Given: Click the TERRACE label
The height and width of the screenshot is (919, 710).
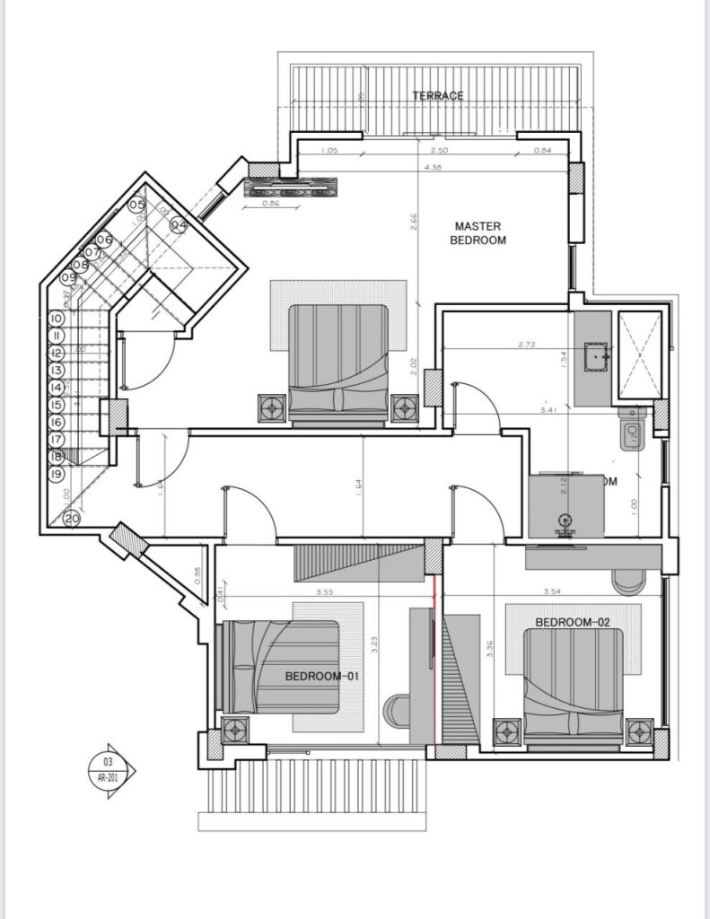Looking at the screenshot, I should pyautogui.click(x=438, y=96).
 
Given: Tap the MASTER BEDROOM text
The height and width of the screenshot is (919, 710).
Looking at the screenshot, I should pyautogui.click(x=478, y=233).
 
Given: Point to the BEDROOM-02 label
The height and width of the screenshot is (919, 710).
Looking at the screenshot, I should pyautogui.click(x=573, y=622).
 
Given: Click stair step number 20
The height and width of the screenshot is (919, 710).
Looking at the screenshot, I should pyautogui.click(x=72, y=518).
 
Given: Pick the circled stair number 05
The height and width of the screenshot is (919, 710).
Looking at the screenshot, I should pyautogui.click(x=136, y=206).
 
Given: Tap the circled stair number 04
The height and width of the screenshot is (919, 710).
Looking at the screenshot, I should pyautogui.click(x=179, y=224).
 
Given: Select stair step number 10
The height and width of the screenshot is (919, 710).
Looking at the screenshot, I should pyautogui.click(x=56, y=318).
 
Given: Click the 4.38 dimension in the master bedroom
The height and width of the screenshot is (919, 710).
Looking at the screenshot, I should pyautogui.click(x=434, y=167).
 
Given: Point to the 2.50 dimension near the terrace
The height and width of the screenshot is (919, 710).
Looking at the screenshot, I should pyautogui.click(x=439, y=151).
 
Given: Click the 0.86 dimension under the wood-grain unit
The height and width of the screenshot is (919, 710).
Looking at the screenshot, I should pyautogui.click(x=270, y=204).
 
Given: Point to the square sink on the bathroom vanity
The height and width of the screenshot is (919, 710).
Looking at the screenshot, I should pyautogui.click(x=595, y=357).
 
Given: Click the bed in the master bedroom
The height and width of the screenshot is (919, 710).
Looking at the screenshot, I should pyautogui.click(x=338, y=362).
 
